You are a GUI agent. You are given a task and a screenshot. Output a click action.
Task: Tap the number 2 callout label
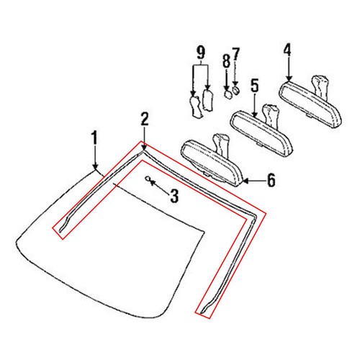click(x=145, y=118)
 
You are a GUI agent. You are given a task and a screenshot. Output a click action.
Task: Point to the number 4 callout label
click(x=287, y=50)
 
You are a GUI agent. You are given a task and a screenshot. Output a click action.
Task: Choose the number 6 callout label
click(x=271, y=179)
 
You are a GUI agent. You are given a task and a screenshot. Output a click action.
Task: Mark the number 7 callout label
click(x=235, y=54)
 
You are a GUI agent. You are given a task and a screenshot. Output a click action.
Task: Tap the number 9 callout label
click(x=200, y=52)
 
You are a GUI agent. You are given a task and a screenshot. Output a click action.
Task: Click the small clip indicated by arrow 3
click(x=148, y=179)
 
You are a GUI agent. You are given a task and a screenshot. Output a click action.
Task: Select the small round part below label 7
click(x=235, y=91)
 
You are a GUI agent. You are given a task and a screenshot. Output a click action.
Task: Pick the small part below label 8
click(x=226, y=94)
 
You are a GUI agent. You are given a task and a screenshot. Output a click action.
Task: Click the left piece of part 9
click(x=194, y=106)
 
